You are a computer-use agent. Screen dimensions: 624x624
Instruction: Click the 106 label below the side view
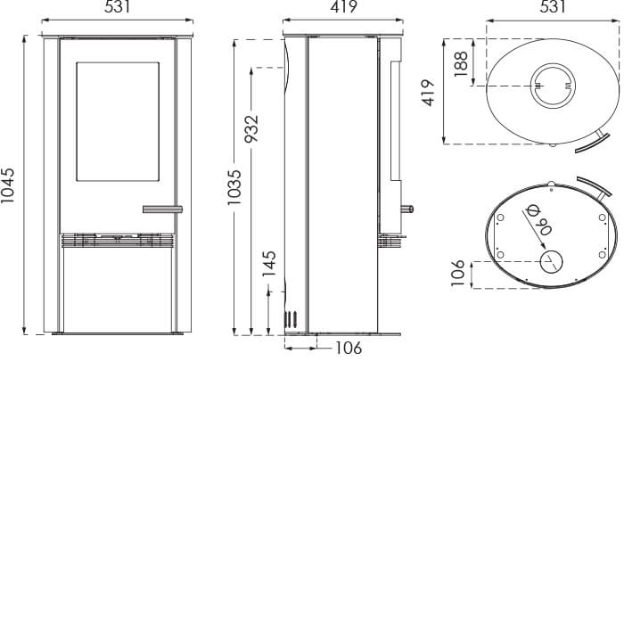(349, 348)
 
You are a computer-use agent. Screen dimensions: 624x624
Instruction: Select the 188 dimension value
(461, 64)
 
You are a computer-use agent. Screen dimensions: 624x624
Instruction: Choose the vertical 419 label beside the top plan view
(428, 93)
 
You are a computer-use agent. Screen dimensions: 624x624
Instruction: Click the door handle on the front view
(161, 209)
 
